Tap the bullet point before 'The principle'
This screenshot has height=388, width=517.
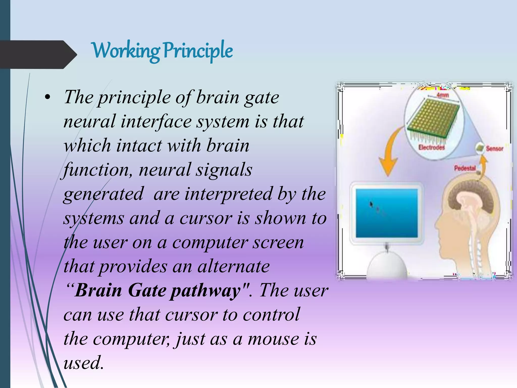click(x=47, y=98)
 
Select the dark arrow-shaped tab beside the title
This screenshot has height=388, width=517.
click(x=35, y=55)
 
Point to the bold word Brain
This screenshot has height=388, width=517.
click(x=99, y=290)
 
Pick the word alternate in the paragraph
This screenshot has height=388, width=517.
click(x=234, y=267)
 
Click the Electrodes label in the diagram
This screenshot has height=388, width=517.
click(x=431, y=147)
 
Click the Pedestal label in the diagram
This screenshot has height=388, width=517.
click(x=465, y=168)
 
